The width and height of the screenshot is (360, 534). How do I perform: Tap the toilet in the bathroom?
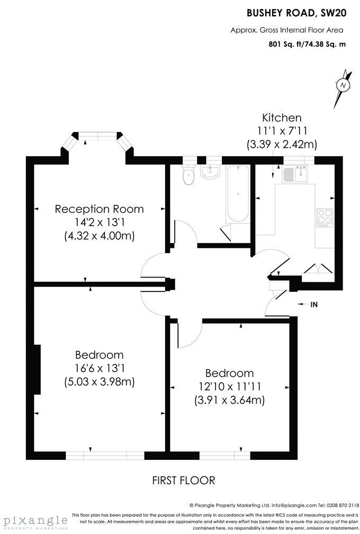pyautogui.click(x=188, y=175)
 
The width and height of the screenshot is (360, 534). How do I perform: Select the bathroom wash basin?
pyautogui.click(x=210, y=172)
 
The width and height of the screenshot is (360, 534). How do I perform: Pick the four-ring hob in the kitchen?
pyautogui.click(x=324, y=217)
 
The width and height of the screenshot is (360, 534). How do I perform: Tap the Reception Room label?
pyautogui.click(x=99, y=209)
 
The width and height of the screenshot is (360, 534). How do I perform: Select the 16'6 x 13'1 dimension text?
pyautogui.click(x=99, y=368)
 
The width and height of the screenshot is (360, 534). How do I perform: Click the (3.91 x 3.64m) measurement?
pyautogui.click(x=229, y=400)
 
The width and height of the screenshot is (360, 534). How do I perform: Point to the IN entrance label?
pyautogui.click(x=314, y=304)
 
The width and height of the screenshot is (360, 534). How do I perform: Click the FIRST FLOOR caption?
pyautogui.click(x=184, y=480)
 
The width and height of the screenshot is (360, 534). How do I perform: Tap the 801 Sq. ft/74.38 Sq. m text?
pyautogui.click(x=307, y=44)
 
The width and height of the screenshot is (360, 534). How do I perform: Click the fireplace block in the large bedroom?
pyautogui.click(x=37, y=369)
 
